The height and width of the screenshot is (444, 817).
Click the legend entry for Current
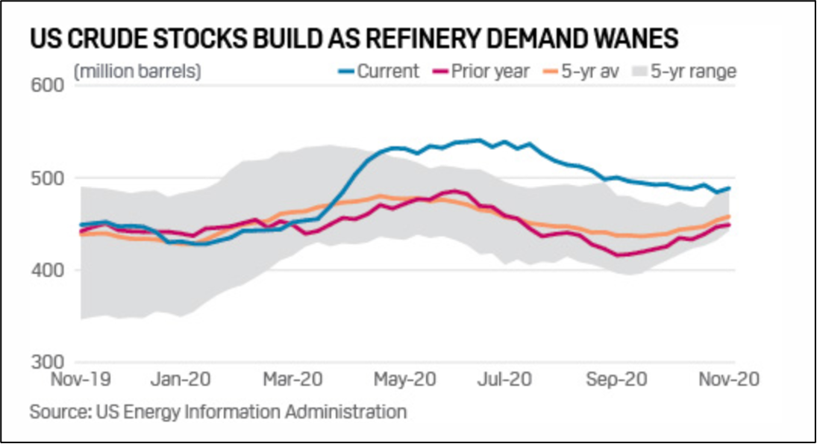point(378,72)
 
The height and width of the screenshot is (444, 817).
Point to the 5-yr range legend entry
point(684,72)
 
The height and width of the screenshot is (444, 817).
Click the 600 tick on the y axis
point(50,87)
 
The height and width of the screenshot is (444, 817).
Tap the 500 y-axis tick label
point(50,178)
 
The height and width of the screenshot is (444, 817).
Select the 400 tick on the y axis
point(50,270)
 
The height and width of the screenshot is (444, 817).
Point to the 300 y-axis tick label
point(50,362)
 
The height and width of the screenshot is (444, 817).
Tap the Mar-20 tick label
point(292,379)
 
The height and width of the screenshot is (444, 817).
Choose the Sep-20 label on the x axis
point(612,379)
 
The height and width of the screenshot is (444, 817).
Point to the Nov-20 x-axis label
point(727,379)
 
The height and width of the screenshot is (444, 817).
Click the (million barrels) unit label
point(138,72)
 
